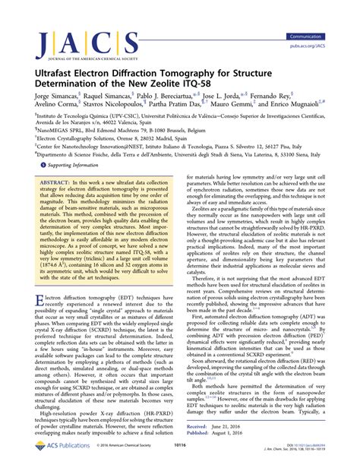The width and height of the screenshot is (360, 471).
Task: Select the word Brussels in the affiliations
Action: click(187, 150)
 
